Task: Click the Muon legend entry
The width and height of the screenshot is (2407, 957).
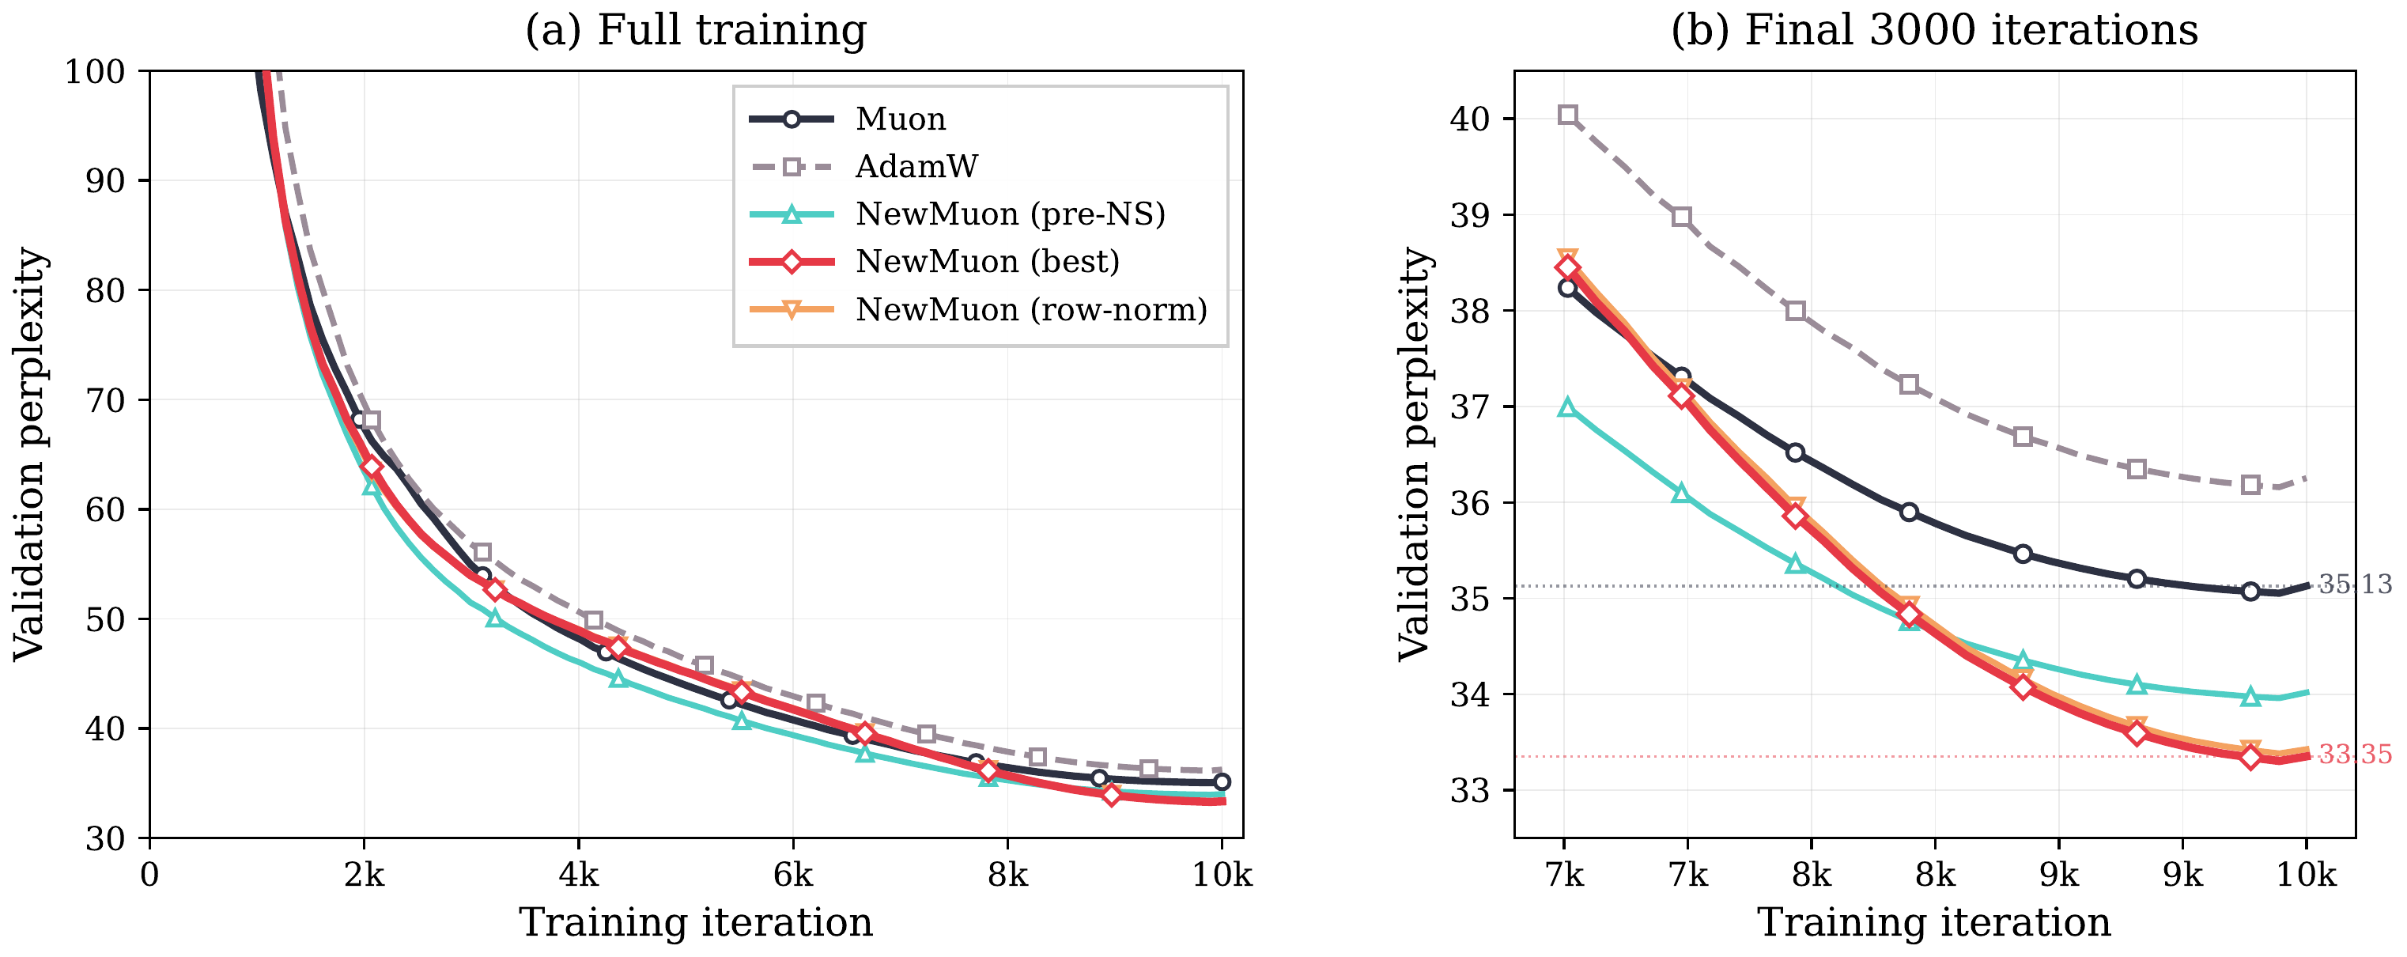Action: (x=900, y=119)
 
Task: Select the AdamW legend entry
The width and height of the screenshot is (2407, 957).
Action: (x=916, y=166)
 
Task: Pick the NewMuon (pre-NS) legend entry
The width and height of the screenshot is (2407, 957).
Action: (x=1010, y=214)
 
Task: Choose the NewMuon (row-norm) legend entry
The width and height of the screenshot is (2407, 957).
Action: (x=1030, y=309)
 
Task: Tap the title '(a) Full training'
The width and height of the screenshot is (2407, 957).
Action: (x=695, y=30)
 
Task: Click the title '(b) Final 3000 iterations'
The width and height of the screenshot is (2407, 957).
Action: (x=1934, y=30)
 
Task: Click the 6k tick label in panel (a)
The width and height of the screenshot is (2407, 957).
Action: (x=792, y=876)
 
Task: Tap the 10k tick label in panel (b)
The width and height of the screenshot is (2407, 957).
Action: (x=2306, y=876)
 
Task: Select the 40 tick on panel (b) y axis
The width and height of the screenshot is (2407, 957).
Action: (x=1470, y=119)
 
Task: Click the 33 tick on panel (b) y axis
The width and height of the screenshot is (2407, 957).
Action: (x=1470, y=791)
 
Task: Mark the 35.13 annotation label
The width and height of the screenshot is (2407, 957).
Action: (x=2355, y=585)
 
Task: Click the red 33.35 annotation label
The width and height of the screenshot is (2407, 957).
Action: (x=2355, y=755)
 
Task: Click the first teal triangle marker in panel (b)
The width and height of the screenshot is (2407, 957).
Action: (x=1568, y=407)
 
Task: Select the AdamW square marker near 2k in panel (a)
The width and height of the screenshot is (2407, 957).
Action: (x=371, y=421)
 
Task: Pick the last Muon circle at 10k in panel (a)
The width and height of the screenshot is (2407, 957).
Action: (x=1221, y=782)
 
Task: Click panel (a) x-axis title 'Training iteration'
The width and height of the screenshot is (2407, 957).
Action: (x=695, y=922)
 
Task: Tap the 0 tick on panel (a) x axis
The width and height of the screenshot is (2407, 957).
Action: (x=149, y=876)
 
